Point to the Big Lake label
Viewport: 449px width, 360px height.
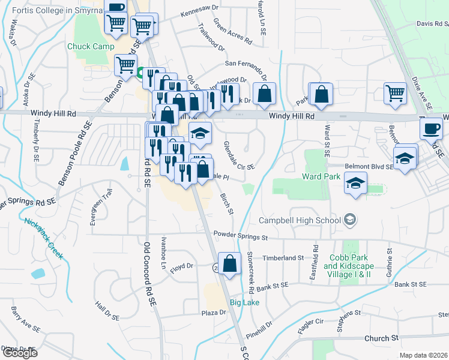point(243,302)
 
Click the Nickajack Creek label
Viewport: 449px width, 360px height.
point(44,238)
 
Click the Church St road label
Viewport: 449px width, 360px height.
point(381,338)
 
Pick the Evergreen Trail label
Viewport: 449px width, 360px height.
point(93,207)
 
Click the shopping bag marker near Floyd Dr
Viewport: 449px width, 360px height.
point(230,263)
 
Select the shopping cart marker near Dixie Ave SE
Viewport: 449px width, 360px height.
point(395,94)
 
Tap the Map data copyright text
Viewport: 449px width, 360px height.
point(424,355)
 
